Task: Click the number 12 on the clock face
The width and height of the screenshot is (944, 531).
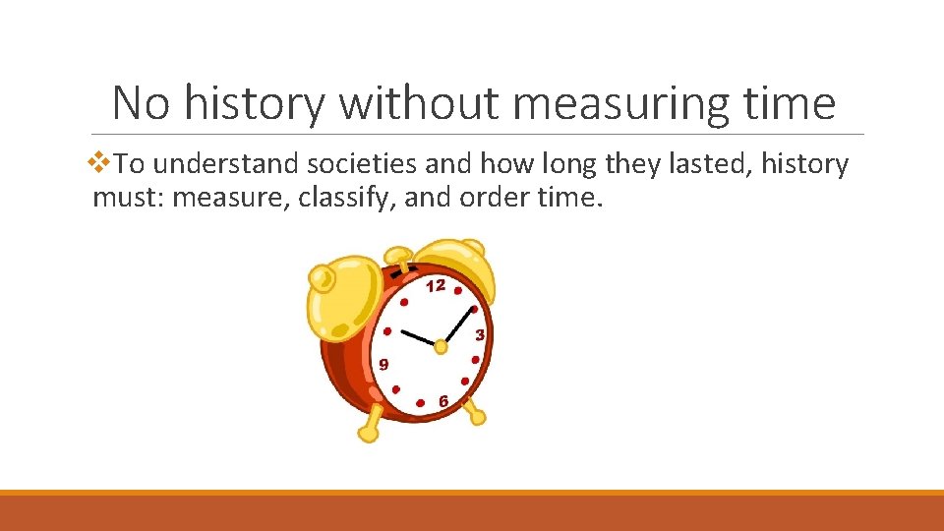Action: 436,285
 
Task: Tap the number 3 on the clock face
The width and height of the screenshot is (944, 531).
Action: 480,334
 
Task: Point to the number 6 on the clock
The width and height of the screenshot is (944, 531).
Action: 443,401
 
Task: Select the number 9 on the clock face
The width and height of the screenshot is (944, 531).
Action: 383,364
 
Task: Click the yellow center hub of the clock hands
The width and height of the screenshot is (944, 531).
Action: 441,345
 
